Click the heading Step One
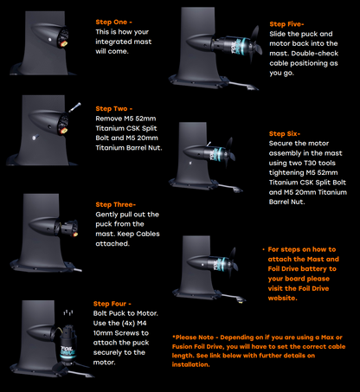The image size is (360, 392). pyautogui.click(x=113, y=22)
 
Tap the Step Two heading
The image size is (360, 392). pyautogui.click(x=114, y=109)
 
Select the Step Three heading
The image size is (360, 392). pyautogui.click(x=115, y=204)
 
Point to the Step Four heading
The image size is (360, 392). pyautogui.click(x=112, y=304)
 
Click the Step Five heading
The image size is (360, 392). pyautogui.click(x=286, y=24)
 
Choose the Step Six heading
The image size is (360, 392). pyautogui.click(x=285, y=134)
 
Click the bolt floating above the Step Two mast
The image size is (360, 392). pyautogui.click(x=74, y=107)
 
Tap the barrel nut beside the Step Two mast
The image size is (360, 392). pyautogui.click(x=35, y=138)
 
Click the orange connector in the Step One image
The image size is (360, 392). pyautogui.click(x=63, y=44)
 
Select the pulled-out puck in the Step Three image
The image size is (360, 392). pyautogui.click(x=68, y=228)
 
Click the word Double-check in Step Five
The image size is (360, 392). pyautogui.click(x=315, y=54)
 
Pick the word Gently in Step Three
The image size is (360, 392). pyautogui.click(x=106, y=215)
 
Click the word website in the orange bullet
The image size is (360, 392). pyautogui.click(x=282, y=298)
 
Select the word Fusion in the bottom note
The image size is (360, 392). pyautogui.click(x=181, y=346)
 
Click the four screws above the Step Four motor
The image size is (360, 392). pyautogui.click(x=68, y=312)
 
